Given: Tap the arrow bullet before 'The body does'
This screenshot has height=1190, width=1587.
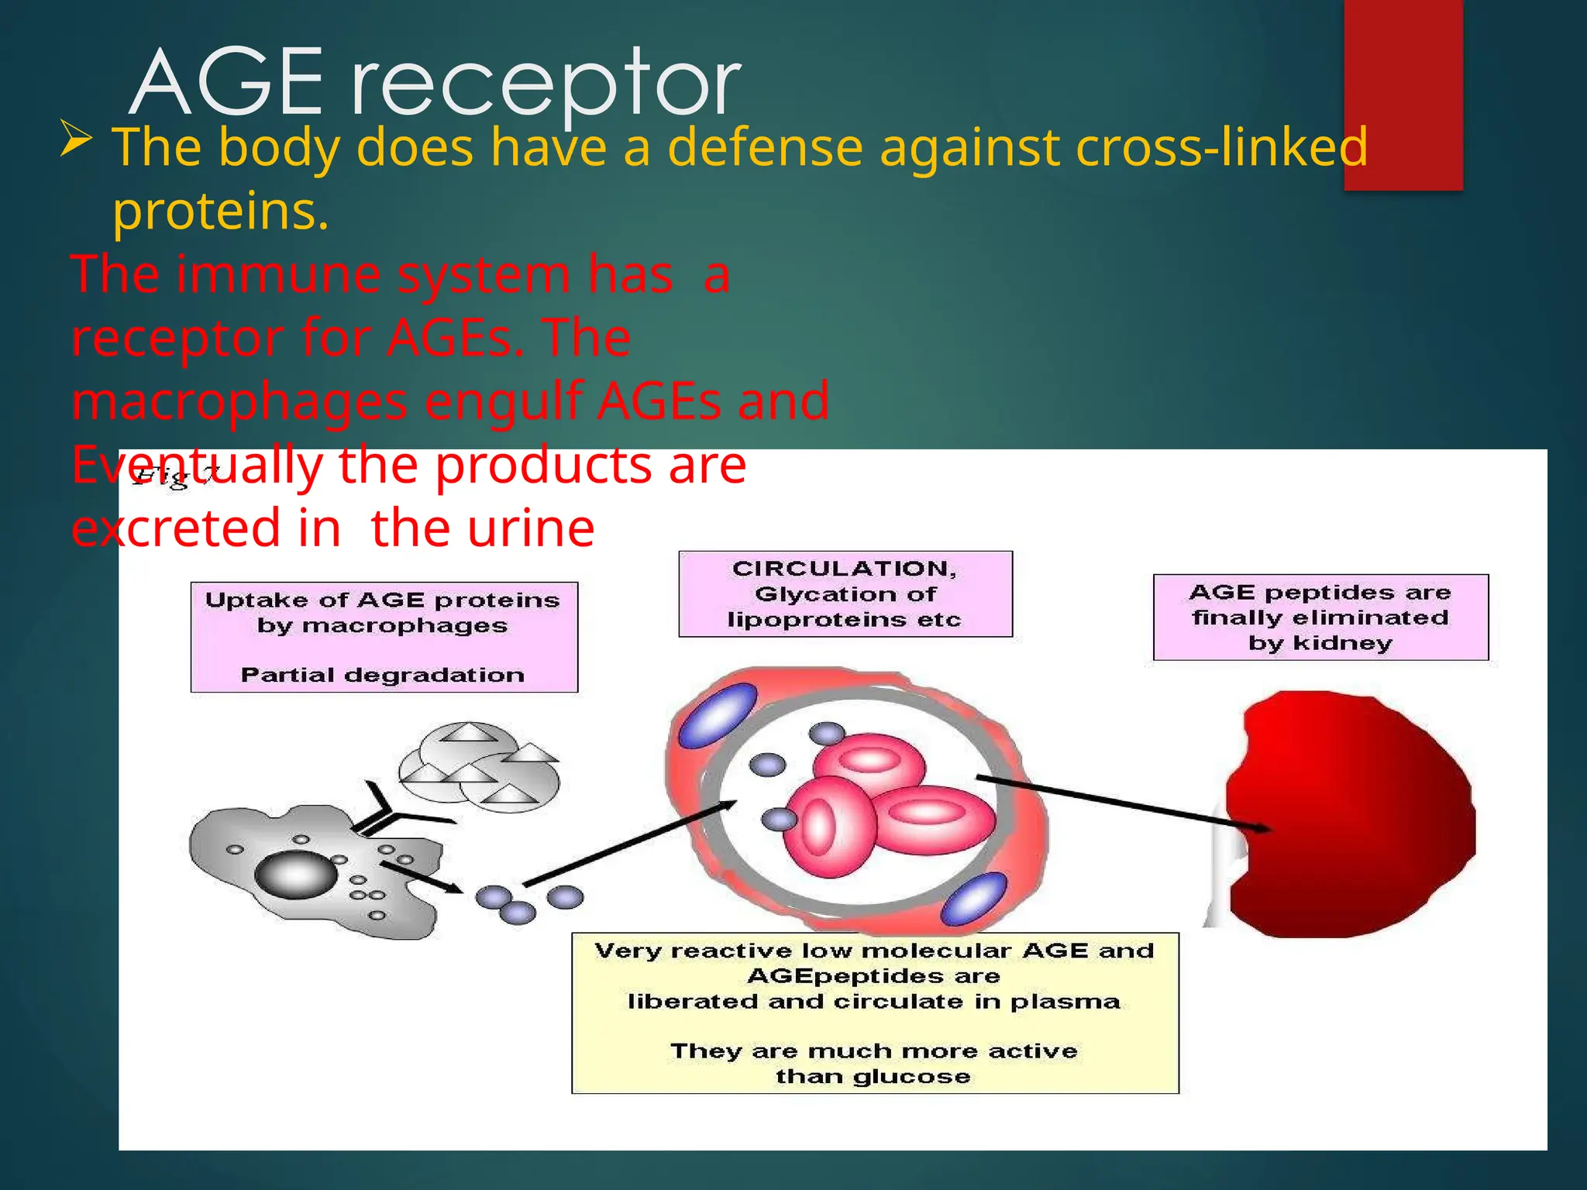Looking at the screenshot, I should (76, 140).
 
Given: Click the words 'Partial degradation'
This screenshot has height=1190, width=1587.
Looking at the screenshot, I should (383, 675).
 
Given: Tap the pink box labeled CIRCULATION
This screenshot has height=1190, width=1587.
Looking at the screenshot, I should (845, 594).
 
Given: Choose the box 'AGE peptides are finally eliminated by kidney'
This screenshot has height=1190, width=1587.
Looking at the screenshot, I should (1320, 617).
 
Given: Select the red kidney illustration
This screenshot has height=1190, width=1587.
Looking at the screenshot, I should (1348, 813).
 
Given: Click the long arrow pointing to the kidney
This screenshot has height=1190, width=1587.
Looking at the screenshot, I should (1124, 802).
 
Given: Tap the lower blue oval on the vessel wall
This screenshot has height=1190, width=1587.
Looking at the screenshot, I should (975, 899).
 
